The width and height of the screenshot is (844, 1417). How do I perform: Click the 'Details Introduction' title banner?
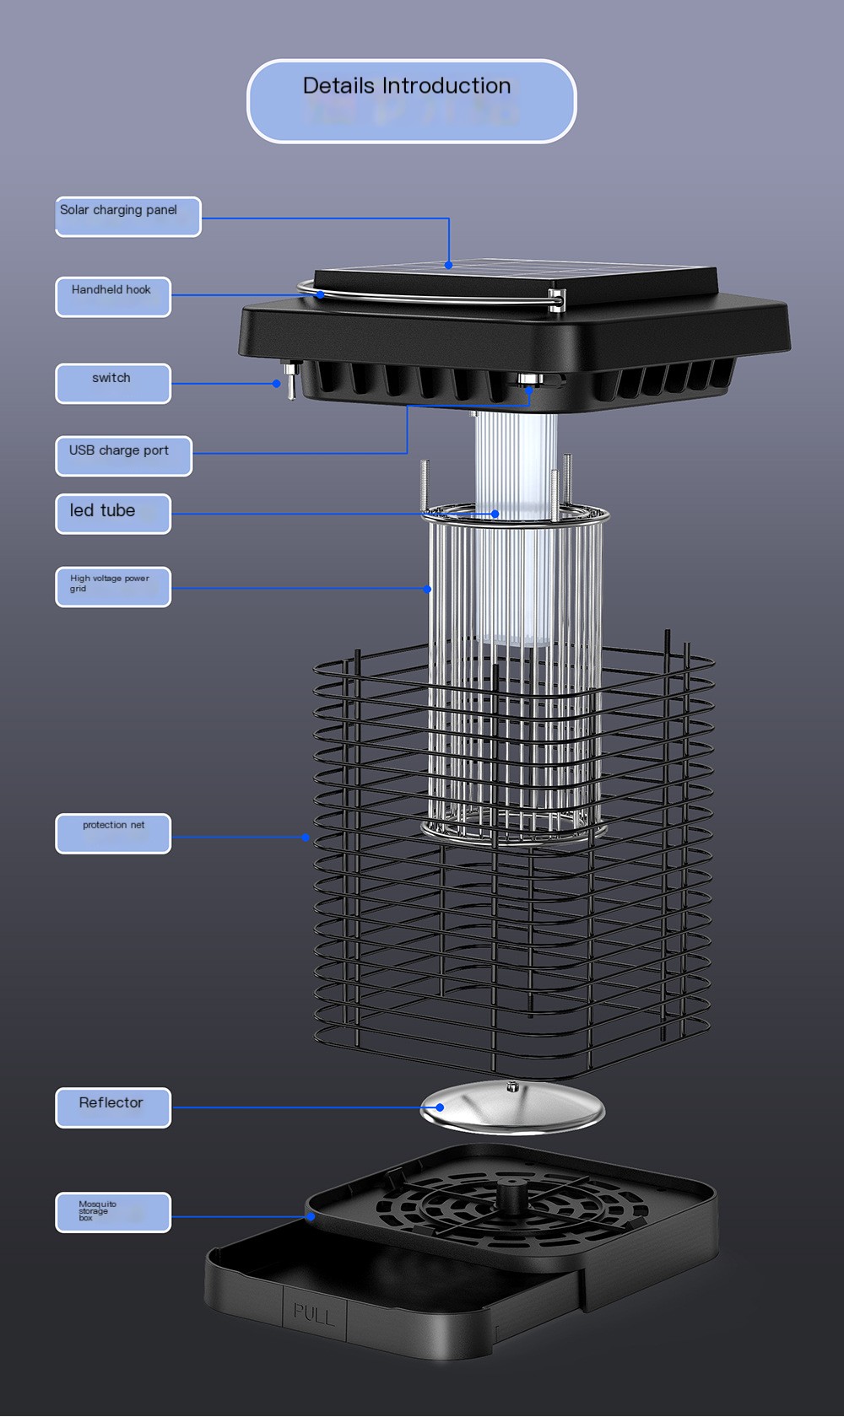pyautogui.click(x=412, y=101)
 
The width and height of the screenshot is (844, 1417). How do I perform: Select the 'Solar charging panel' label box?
pyautogui.click(x=128, y=217)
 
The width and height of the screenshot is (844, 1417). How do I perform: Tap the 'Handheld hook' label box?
pyautogui.click(x=113, y=297)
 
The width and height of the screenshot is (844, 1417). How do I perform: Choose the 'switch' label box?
pyautogui.click(x=113, y=383)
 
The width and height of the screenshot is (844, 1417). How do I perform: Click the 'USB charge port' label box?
pyautogui.click(x=124, y=456)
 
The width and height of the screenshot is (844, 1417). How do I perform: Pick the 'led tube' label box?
pyautogui.click(x=113, y=514)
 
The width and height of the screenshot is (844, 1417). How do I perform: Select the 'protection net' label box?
pyautogui.click(x=113, y=833)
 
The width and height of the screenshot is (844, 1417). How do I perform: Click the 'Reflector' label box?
pyautogui.click(x=113, y=1107)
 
